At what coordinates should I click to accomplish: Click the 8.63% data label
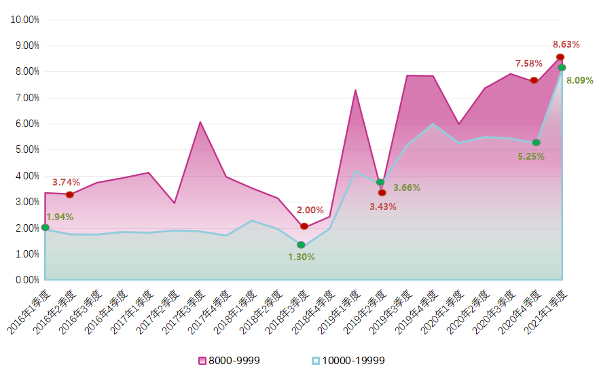tap(566, 45)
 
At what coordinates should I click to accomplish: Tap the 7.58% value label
tap(528, 64)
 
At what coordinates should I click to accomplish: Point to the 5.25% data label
tap(531, 156)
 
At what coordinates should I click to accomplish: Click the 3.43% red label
tap(383, 207)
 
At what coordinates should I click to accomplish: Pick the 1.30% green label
tap(302, 257)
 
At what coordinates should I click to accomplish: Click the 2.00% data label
tap(310, 211)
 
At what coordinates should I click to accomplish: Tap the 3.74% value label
tap(66, 182)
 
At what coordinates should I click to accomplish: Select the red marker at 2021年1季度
tap(560, 57)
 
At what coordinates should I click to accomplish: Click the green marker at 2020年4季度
tap(536, 143)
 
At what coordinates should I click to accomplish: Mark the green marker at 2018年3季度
tap(301, 245)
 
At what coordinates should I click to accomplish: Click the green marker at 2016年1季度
tap(45, 228)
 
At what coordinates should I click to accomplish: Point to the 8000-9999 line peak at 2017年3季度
tap(200, 122)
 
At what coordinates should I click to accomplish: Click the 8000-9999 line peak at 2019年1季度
tap(355, 90)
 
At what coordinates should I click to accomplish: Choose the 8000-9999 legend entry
tap(229, 360)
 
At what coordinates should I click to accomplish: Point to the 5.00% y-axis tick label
tap(25, 150)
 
